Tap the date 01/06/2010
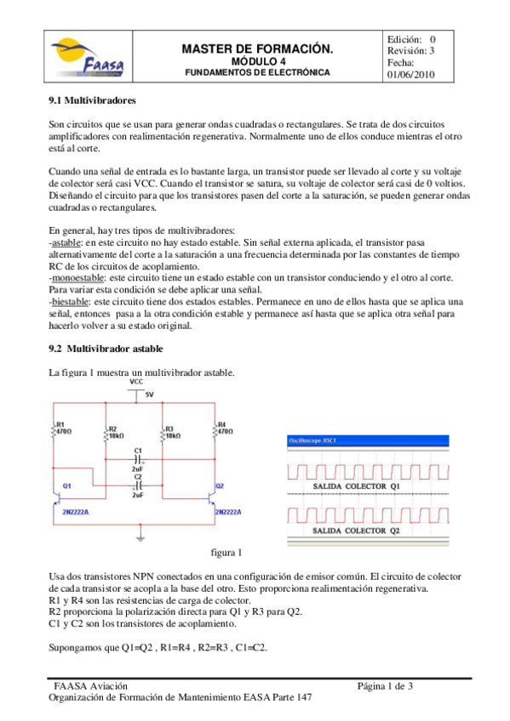[411, 75]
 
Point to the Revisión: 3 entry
[411, 51]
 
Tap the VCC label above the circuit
[136, 383]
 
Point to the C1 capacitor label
[137, 449]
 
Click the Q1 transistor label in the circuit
[66, 485]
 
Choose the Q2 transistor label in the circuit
[219, 485]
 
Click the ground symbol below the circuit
[140, 537]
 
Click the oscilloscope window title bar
[366, 440]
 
